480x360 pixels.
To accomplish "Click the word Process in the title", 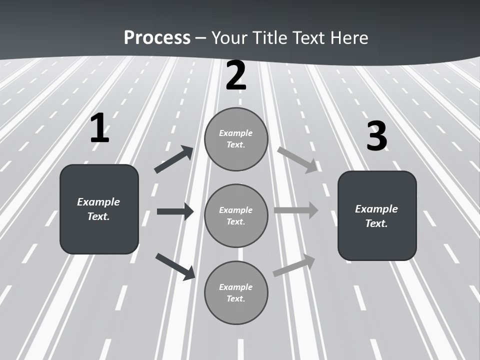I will pyautogui.click(x=157, y=38).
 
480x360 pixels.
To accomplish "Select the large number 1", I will pyautogui.click(x=99, y=129).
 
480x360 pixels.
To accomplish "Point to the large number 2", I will pyautogui.click(x=236, y=75).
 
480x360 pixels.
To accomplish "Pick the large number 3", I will pyautogui.click(x=376, y=136).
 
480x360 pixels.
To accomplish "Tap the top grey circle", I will pyautogui.click(x=236, y=139).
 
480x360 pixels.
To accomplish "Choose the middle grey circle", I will pyautogui.click(x=236, y=215).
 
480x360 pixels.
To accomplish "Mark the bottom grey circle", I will pyautogui.click(x=236, y=292).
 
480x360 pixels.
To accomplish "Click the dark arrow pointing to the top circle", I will pyautogui.click(x=174, y=159).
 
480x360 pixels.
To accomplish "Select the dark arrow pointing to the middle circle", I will pyautogui.click(x=175, y=211).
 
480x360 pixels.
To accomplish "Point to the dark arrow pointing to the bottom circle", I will pyautogui.click(x=175, y=266).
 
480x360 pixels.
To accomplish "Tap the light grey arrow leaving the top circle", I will pyautogui.click(x=297, y=159).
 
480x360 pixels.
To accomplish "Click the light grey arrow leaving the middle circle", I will pyautogui.click(x=296, y=210).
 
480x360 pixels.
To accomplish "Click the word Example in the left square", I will pyautogui.click(x=98, y=202).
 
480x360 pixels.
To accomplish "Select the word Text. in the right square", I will pyautogui.click(x=376, y=223).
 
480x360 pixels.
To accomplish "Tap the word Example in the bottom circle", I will pyautogui.click(x=235, y=287).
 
